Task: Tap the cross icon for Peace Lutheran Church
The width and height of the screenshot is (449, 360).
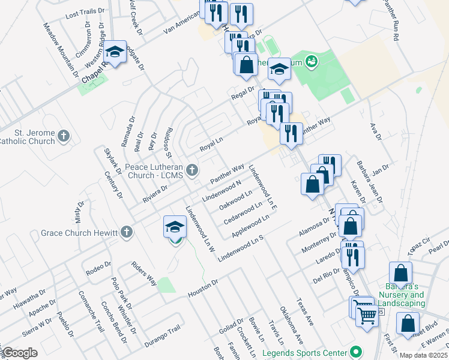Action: pos(193,170)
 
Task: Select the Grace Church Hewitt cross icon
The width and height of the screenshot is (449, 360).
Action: pos(126,232)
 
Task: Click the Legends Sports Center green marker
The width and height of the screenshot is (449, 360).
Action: pos(357,352)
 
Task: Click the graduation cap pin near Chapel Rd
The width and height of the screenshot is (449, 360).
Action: pos(115,52)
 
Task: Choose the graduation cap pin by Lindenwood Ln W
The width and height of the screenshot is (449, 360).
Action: pos(175,227)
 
